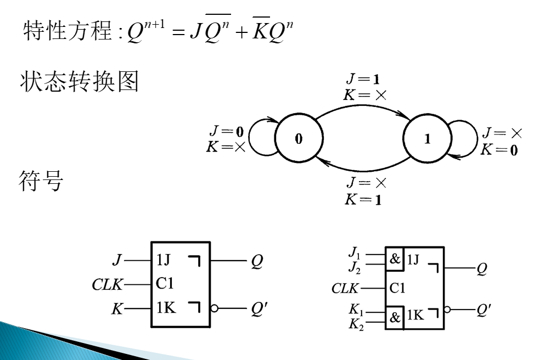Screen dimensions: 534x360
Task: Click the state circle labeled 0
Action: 298,139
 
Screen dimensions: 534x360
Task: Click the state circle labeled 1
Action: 427,139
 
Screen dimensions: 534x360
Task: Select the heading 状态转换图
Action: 79,82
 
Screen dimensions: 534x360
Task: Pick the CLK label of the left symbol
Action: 108,284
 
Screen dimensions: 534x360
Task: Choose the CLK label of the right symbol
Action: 345,288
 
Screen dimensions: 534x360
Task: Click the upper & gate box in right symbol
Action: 395,260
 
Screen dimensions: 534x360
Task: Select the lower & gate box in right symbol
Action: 395,317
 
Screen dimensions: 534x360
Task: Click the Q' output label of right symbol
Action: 484,311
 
